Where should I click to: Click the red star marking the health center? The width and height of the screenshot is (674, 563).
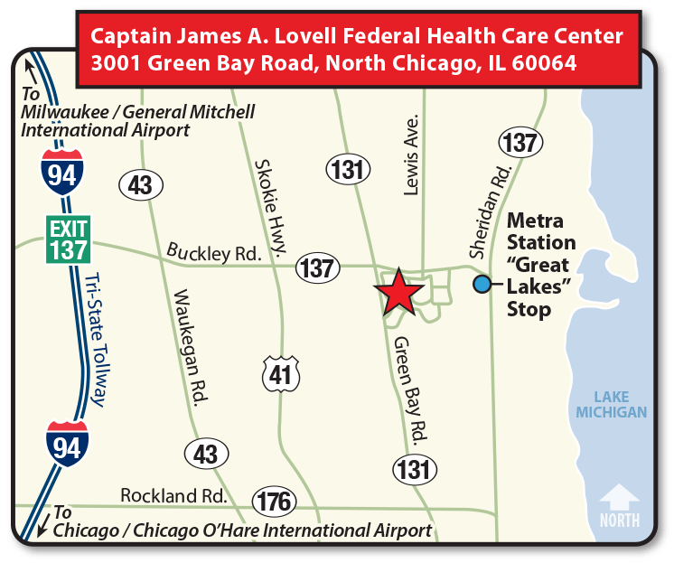398,293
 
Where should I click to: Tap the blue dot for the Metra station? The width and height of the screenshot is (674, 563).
482,284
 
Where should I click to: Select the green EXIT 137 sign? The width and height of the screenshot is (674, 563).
69,239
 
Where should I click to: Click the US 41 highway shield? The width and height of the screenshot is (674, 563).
281,374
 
